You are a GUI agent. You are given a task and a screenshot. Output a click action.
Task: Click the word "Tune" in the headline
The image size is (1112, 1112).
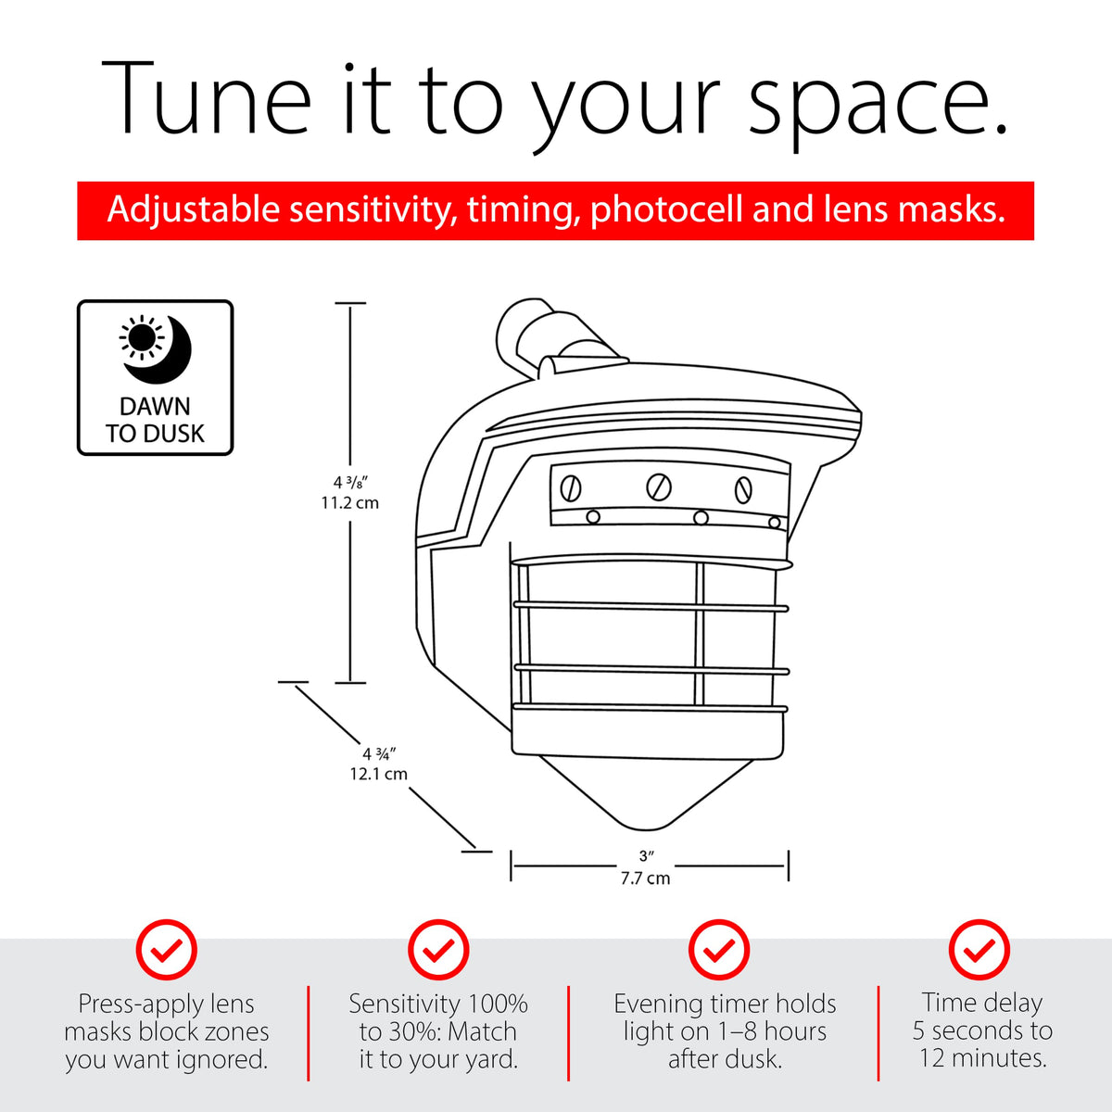tap(206, 98)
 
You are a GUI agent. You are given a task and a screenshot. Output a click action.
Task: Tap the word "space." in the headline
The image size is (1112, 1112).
tap(878, 107)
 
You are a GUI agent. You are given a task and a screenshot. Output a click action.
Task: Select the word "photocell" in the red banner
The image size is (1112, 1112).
tap(666, 209)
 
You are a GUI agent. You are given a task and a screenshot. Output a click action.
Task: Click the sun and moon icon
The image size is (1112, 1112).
tap(156, 348)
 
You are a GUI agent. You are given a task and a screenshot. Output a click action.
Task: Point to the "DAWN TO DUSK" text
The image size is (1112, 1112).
tap(156, 420)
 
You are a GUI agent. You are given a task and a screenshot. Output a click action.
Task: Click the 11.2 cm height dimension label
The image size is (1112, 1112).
tap(349, 502)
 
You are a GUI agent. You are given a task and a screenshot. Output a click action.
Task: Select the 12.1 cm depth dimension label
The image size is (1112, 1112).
tap(379, 773)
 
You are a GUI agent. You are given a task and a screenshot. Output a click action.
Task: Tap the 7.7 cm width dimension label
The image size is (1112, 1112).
tap(646, 878)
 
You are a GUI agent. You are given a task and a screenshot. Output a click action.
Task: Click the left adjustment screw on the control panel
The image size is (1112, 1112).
tap(570, 489)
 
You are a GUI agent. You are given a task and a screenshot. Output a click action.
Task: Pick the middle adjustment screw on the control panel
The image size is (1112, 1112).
tap(659, 486)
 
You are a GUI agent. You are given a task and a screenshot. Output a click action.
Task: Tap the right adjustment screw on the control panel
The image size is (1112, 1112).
tap(743, 489)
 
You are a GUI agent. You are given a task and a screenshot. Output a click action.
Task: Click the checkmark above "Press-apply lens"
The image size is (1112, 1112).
tap(167, 950)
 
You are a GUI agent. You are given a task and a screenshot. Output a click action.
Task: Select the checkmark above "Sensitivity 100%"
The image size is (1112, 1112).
tap(438, 950)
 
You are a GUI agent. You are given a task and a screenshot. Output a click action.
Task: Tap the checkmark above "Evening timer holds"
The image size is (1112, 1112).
tap(719, 950)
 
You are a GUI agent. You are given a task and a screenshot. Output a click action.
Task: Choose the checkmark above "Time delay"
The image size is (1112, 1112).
tap(979, 950)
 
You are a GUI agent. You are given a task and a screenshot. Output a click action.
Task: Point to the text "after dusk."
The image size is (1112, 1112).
tap(725, 1059)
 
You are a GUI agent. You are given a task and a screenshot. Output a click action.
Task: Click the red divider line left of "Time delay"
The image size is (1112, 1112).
tap(878, 1033)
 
